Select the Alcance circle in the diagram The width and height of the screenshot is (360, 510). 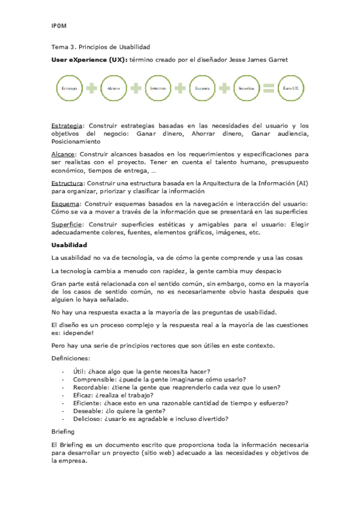tap(114, 88)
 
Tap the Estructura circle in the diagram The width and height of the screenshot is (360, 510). tap(157, 88)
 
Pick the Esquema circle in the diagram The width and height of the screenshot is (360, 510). tap(202, 88)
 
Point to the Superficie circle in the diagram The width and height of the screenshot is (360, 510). tap(246, 88)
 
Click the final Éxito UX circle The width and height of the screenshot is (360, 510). tap(291, 88)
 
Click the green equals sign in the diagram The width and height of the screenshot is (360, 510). tap(269, 88)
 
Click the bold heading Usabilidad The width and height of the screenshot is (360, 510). tap(70, 245)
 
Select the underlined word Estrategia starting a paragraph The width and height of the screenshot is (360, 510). tap(66, 125)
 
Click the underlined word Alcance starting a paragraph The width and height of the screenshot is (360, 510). tap(63, 154)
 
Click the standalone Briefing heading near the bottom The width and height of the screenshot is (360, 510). tap(63, 432)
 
